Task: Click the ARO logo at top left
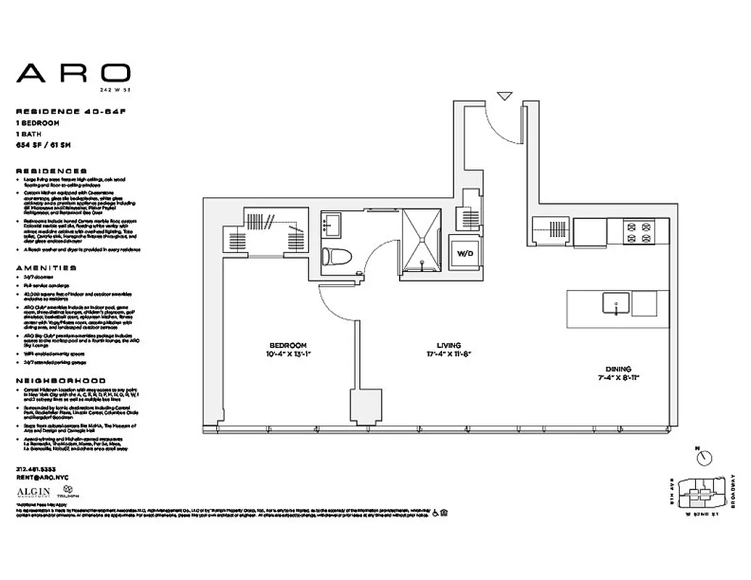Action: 73,73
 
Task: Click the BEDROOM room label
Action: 288,345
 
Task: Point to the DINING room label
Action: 614,368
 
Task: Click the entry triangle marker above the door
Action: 505,95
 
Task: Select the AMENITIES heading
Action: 45,268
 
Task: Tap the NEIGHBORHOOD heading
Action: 60,381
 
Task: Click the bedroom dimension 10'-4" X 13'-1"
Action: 288,355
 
